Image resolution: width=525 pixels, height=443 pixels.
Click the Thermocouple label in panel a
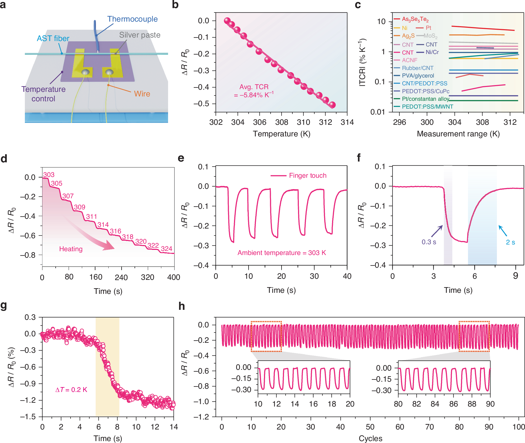[x=132, y=19]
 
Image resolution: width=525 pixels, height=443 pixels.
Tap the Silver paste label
[x=140, y=35]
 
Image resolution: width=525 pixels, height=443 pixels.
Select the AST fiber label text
[x=53, y=39]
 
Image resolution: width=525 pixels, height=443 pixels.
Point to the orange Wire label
[x=142, y=94]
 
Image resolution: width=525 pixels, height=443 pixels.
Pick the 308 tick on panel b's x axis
[x=282, y=122]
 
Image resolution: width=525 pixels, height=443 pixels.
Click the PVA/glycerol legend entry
[x=418, y=76]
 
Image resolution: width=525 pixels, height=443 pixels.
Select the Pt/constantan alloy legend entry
[x=425, y=99]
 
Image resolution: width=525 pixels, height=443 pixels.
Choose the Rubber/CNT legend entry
[x=417, y=68]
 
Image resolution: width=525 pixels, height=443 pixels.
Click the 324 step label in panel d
[x=166, y=249]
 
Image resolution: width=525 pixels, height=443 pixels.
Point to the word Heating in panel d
[x=71, y=249]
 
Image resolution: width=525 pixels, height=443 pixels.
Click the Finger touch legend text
[x=307, y=176]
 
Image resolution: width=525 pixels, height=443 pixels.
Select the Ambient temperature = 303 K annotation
[x=282, y=253]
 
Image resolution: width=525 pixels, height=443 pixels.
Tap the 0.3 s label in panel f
[x=429, y=242]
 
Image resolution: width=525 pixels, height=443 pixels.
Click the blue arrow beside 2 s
[x=503, y=231]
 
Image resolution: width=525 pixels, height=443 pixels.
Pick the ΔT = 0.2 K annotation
[x=71, y=390]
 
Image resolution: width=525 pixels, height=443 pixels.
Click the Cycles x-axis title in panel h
[x=370, y=438]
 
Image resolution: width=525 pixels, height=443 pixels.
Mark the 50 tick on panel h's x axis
[x=370, y=427]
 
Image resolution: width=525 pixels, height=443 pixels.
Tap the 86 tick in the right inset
[x=453, y=404]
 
